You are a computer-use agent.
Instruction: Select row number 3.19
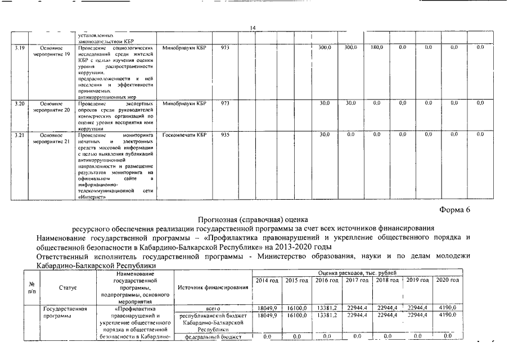20,48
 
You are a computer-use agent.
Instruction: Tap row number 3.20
20,103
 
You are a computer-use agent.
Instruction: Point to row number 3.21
20,134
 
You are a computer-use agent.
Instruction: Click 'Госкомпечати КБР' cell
184,134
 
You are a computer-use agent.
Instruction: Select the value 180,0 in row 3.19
376,48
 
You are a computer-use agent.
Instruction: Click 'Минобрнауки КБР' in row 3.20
184,103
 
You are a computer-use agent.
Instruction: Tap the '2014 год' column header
267,280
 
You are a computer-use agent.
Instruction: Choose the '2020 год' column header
448,280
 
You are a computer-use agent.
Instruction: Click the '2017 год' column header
357,280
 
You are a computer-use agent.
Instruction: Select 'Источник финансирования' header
213,287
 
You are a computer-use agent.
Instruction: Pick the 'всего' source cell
213,309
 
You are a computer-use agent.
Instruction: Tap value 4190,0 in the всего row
448,309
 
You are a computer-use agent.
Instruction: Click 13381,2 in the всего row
327,309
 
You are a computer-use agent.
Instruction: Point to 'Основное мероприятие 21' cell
51,138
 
